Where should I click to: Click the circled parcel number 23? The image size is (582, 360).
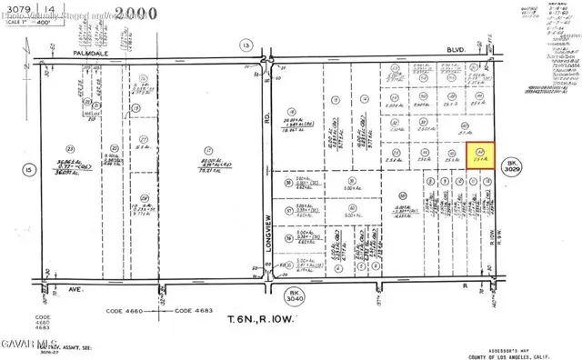click(69, 148)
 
